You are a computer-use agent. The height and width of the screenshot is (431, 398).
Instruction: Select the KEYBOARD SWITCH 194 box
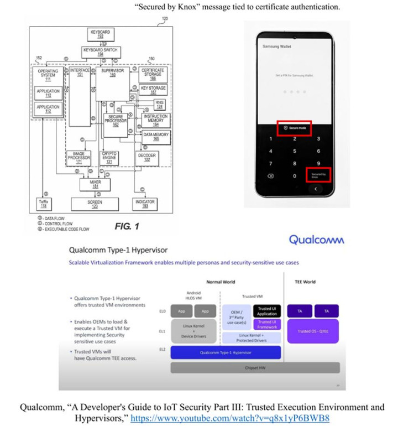100,52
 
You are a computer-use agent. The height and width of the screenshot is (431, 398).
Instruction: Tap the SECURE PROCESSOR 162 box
116,121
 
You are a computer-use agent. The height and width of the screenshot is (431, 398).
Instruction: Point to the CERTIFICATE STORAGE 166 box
153,75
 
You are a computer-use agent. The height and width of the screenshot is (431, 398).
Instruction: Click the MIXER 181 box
95,184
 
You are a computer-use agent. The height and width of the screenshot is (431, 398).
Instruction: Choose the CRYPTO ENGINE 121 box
108,158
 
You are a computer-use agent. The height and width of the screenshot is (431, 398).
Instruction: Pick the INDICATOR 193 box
144,204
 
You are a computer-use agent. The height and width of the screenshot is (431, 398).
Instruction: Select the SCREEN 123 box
95,204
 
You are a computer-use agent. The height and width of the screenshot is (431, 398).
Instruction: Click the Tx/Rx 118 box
41,204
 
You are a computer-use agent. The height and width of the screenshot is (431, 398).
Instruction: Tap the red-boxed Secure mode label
294,128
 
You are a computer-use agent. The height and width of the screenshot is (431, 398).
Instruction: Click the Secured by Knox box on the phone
318,175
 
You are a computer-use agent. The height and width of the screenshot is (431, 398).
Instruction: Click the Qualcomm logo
316,240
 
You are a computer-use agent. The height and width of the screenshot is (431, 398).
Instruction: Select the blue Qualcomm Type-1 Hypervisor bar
226,352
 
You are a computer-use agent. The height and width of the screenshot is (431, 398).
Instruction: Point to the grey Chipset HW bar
255,368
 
